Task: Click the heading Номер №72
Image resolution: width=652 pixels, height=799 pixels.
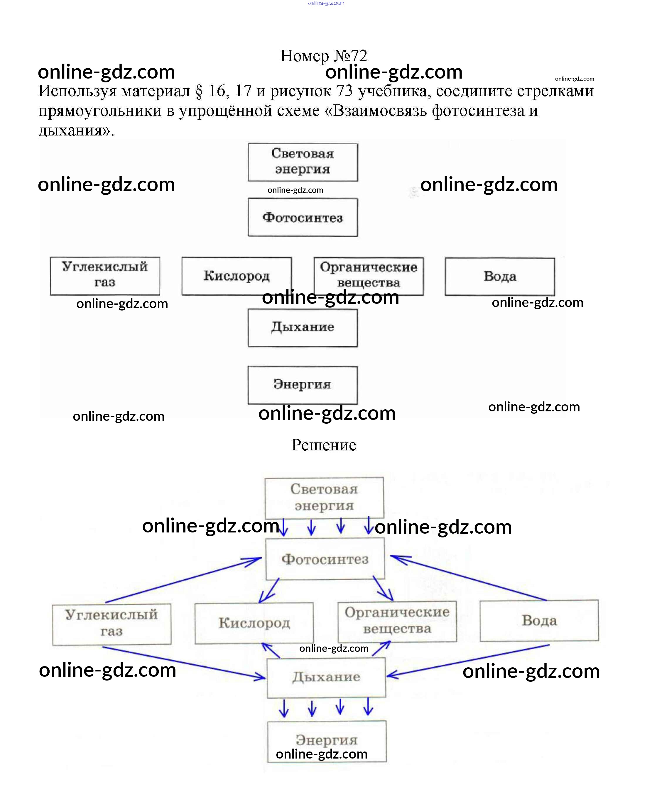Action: tap(323, 56)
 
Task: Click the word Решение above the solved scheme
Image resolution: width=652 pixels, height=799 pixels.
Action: tap(323, 445)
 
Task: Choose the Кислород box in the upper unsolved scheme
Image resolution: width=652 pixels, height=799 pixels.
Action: tap(236, 276)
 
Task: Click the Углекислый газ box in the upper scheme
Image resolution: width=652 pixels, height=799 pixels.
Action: tap(105, 276)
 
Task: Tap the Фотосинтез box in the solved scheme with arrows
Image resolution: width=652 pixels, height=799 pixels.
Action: tap(325, 559)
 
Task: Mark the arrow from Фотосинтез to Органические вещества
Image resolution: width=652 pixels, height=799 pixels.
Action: tap(383, 589)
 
